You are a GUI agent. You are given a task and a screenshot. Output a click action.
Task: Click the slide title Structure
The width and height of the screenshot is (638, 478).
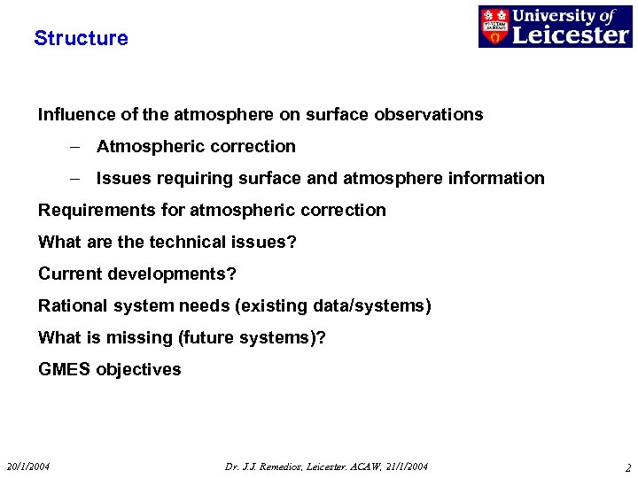click(81, 38)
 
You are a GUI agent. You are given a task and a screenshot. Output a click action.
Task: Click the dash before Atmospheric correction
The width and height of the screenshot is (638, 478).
click(76, 146)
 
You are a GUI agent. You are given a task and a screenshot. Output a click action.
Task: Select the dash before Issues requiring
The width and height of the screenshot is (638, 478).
click(76, 178)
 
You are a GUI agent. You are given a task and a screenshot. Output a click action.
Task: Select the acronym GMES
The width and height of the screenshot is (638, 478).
click(64, 369)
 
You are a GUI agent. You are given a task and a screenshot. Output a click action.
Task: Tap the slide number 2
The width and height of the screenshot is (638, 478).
click(627, 467)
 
